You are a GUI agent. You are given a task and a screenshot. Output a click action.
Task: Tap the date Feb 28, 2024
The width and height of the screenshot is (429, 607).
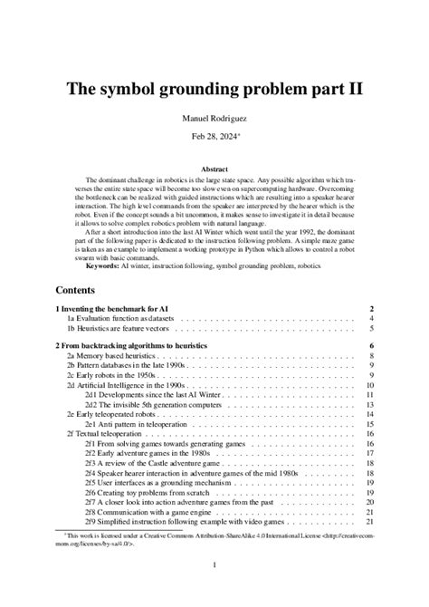[x=214, y=137]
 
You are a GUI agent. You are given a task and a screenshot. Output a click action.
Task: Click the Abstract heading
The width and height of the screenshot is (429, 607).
[x=214, y=169]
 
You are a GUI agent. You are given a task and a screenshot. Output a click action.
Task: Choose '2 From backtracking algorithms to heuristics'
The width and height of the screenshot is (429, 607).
[x=131, y=346]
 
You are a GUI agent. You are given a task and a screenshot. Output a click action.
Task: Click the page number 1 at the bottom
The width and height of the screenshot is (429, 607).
[x=214, y=566]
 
